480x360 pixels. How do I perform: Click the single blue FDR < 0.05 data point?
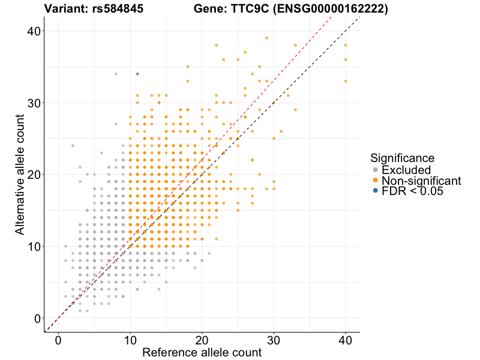point(137,74)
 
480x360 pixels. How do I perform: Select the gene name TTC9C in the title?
point(240,9)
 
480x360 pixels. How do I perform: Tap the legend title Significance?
point(402,158)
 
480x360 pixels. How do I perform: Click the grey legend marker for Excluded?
point(376,170)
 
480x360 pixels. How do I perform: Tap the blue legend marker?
point(376,191)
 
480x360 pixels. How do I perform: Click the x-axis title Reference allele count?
point(202,353)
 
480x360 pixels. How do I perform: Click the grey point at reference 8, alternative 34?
point(116,74)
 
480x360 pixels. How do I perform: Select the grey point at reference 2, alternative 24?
point(73,146)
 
